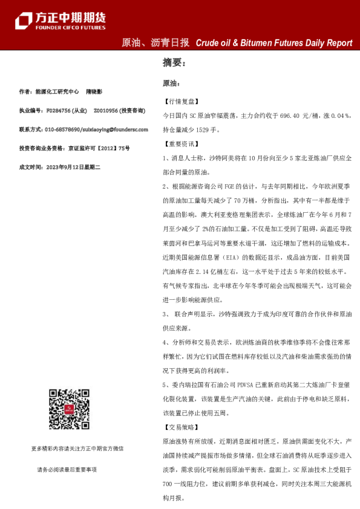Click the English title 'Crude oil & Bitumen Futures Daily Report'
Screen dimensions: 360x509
(273, 43)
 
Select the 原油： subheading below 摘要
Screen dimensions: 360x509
(172, 83)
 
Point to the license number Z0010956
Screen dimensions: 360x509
(106, 111)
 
